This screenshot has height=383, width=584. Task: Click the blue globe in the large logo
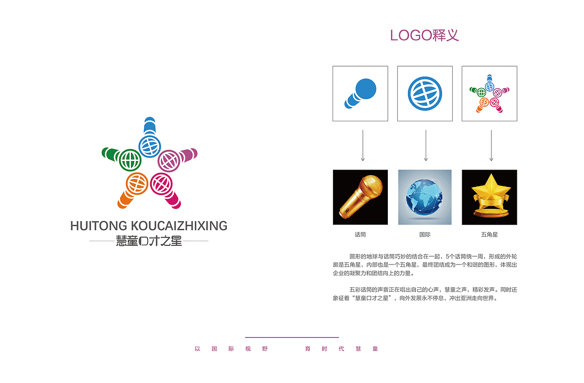point(150,146)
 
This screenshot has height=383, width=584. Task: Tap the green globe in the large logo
point(130,160)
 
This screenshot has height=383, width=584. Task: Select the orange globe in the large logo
point(137,184)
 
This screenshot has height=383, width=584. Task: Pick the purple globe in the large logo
point(169,160)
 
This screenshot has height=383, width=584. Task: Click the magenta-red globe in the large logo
point(161,184)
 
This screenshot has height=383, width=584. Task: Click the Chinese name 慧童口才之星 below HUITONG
point(149,241)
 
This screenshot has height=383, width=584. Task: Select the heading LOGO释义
point(424,35)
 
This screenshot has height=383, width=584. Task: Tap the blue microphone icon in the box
point(360,93)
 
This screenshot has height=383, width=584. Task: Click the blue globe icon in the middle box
point(425,93)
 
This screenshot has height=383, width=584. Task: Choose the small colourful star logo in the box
point(489,93)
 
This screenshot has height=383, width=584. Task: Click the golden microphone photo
point(360,197)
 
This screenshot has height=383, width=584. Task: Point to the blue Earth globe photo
point(425,197)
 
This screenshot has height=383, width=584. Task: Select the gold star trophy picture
point(489,197)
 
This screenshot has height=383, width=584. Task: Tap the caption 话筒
point(360,235)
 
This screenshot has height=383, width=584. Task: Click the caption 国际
point(425,235)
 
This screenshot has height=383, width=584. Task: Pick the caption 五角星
point(489,235)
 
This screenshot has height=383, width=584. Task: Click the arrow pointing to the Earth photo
point(426,145)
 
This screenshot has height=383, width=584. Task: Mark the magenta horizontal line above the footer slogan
point(292,337)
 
